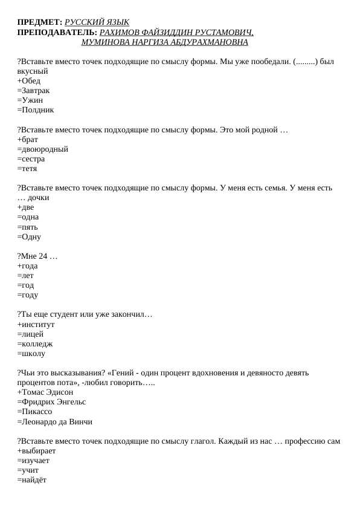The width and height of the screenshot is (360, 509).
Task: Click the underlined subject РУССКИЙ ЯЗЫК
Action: pyautogui.click(x=97, y=22)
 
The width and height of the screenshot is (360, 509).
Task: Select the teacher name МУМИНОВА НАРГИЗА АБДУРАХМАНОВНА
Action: pyautogui.click(x=164, y=42)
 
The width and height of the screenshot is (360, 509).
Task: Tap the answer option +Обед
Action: pyautogui.click(x=29, y=81)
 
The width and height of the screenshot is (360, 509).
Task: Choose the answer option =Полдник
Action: pyautogui.click(x=36, y=110)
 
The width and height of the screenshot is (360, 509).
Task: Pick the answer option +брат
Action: pyautogui.click(x=28, y=140)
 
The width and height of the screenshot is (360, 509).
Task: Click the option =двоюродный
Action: pyautogui.click(x=43, y=149)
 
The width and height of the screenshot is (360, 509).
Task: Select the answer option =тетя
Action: pyautogui.click(x=27, y=169)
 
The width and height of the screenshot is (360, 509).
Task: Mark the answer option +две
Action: pyautogui.click(x=26, y=207)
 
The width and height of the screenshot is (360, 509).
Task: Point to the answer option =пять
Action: pyautogui.click(x=28, y=227)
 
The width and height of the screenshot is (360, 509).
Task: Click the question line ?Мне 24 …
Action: pyautogui.click(x=37, y=256)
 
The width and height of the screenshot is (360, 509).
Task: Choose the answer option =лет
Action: pyautogui.click(x=26, y=276)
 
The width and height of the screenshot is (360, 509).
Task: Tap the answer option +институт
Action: pyautogui.click(x=36, y=325)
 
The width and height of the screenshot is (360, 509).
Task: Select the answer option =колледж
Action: pyautogui.click(x=35, y=344)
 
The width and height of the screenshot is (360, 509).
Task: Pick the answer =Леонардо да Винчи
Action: pyautogui.click(x=55, y=422)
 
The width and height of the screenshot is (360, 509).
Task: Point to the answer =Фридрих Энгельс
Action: pyautogui.click(x=52, y=403)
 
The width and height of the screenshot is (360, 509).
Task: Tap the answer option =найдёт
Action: pyautogui.click(x=32, y=481)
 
